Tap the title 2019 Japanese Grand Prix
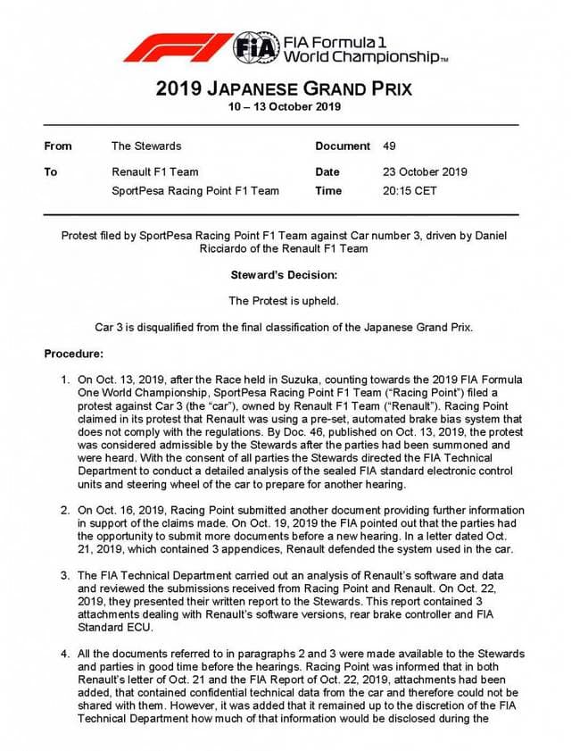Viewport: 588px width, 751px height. coord(283,89)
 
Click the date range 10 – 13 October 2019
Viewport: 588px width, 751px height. coord(283,107)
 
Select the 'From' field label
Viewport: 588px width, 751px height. coord(58,146)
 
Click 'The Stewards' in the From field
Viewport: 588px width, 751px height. coord(146,146)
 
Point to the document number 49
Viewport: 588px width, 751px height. coord(389,146)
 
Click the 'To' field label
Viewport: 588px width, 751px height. coord(51,171)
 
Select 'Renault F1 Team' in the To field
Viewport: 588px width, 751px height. coord(155,171)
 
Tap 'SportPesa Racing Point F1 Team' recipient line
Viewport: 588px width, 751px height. coord(195,190)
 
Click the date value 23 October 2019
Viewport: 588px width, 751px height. coord(425,171)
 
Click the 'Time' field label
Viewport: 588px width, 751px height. coord(328,190)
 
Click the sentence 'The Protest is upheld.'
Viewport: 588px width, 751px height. coord(284,301)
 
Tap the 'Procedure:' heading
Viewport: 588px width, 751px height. coord(74,354)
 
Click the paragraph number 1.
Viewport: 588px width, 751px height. coord(65,380)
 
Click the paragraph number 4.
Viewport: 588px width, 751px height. coord(65,655)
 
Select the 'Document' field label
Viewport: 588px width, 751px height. coord(343,146)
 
